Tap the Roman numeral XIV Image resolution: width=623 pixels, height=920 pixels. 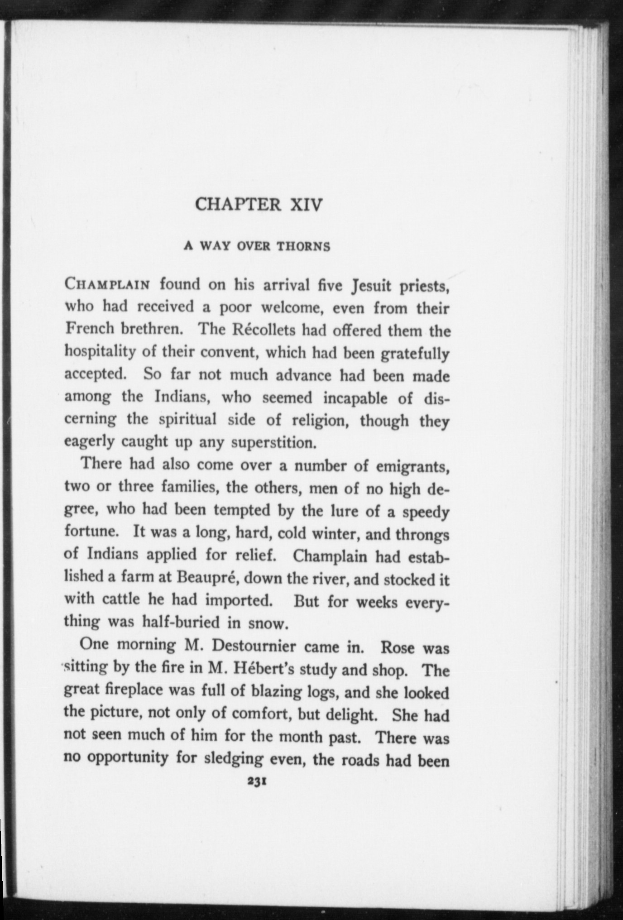coord(306,205)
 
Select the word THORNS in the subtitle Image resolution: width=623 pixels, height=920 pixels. coord(303,247)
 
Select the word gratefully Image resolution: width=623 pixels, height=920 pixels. coord(415,354)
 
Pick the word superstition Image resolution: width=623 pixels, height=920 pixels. coord(273,442)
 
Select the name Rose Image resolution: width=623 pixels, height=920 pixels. coord(398,647)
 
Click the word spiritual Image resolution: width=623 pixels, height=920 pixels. coord(188,419)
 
